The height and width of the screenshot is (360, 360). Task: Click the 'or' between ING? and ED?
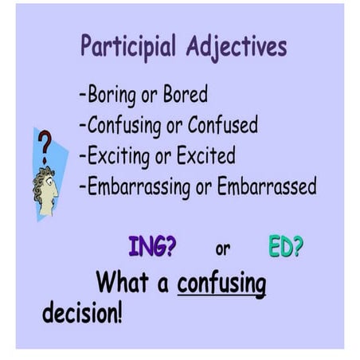[x=222, y=249]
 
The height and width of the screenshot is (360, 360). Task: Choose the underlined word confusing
[x=221, y=284]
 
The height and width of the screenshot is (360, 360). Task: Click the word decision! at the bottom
[x=83, y=312]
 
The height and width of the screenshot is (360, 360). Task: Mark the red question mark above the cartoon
[x=45, y=144]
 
